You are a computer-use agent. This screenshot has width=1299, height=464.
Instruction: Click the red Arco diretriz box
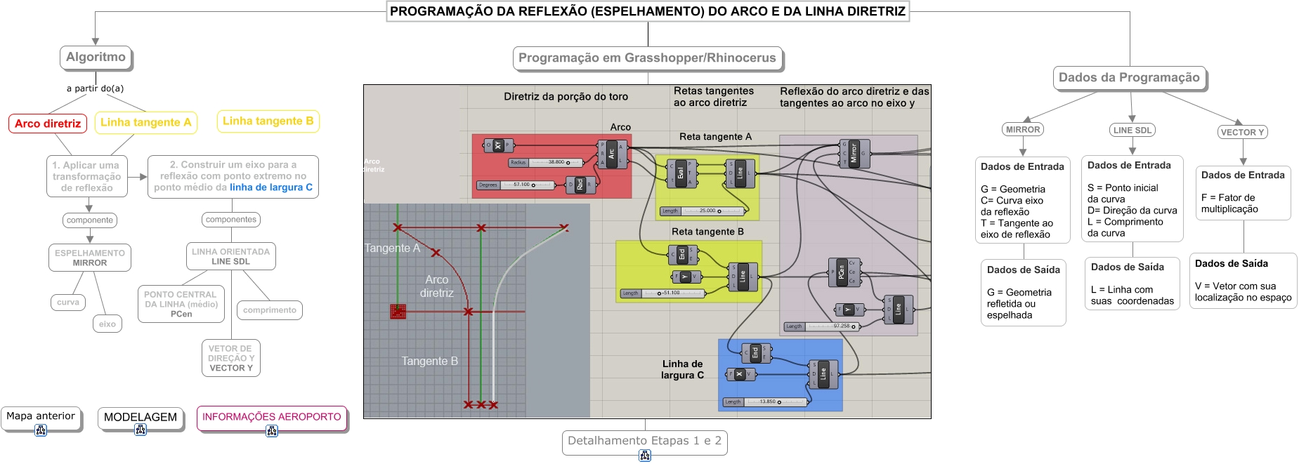click(x=48, y=124)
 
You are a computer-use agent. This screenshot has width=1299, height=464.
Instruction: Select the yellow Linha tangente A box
click(x=145, y=122)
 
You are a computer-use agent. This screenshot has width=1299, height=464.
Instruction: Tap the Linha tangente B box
click(x=268, y=121)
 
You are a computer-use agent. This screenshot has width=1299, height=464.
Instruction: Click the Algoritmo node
click(x=96, y=58)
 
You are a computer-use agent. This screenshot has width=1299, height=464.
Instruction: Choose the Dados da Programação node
click(x=1129, y=77)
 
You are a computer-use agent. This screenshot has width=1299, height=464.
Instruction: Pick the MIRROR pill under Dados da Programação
click(x=1022, y=129)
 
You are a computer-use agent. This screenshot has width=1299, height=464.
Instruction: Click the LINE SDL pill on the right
click(x=1132, y=130)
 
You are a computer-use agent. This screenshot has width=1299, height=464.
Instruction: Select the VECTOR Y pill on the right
click(x=1242, y=132)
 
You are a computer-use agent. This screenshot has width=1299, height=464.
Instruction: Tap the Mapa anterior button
click(x=41, y=416)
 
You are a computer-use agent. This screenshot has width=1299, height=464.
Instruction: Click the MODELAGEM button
click(x=141, y=417)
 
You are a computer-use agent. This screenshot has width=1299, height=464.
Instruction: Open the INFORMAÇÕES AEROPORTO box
click(x=272, y=417)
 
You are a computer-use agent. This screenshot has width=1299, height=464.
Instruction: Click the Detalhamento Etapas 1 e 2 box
click(x=644, y=441)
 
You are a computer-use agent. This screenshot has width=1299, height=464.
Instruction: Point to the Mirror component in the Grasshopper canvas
click(x=854, y=153)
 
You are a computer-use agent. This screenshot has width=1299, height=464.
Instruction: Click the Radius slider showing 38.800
click(x=547, y=162)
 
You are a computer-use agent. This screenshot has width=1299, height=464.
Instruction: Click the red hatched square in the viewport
click(x=398, y=311)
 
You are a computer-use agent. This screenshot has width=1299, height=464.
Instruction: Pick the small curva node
click(x=68, y=303)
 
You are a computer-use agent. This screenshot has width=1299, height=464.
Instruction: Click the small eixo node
click(x=107, y=324)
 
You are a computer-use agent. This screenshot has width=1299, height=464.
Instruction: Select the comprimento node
click(x=270, y=310)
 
